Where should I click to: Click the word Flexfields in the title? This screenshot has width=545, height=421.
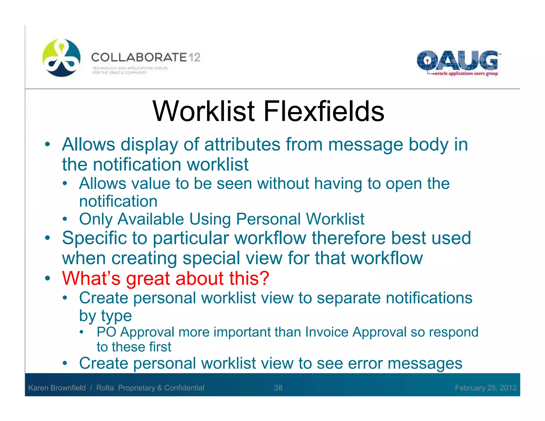[x=324, y=111]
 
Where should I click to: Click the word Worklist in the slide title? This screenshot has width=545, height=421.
[x=204, y=111]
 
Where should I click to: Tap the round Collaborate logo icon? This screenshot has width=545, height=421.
[x=61, y=58]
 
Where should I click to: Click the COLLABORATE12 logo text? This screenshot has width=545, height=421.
[x=146, y=57]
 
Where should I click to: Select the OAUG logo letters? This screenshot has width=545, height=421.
[x=457, y=60]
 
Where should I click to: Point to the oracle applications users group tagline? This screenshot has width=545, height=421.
[x=466, y=73]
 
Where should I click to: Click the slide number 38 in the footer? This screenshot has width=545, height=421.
[x=278, y=388]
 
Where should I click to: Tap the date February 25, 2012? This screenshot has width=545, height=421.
[x=486, y=388]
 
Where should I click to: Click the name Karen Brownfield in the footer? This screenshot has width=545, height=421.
[x=57, y=388]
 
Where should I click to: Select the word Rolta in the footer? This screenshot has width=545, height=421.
[x=105, y=388]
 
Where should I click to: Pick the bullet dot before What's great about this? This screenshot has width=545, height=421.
[x=47, y=278]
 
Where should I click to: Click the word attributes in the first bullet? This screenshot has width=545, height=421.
[x=242, y=145]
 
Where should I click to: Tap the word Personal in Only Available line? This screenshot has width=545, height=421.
[x=268, y=219]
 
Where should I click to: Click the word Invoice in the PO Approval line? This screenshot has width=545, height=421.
[x=327, y=332]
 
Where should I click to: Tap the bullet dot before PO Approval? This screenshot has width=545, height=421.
[x=82, y=332]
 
